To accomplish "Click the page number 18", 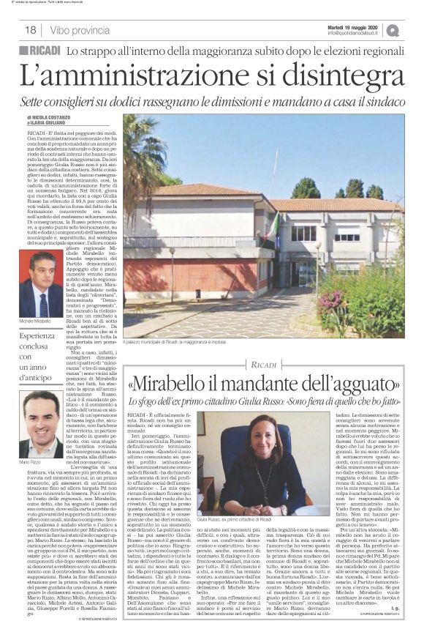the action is click(31, 30).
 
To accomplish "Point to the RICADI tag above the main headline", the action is click(43, 51).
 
